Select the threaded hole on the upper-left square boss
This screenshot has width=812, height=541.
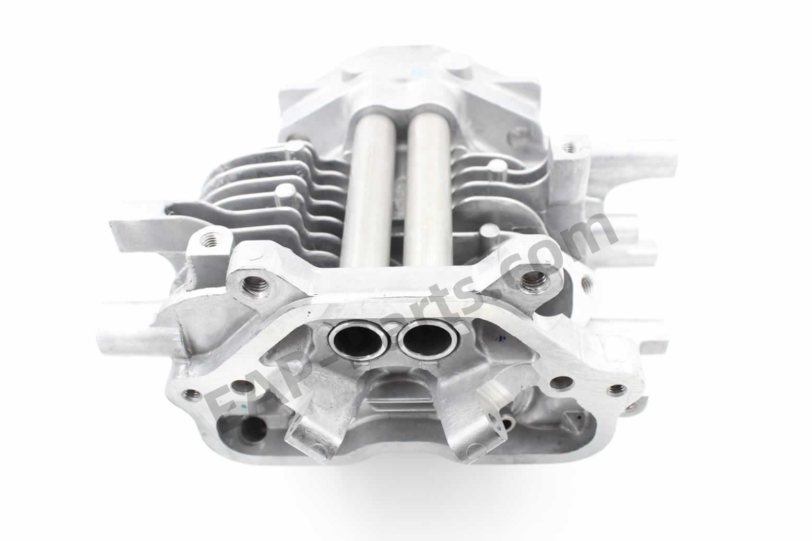tap(211, 239)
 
